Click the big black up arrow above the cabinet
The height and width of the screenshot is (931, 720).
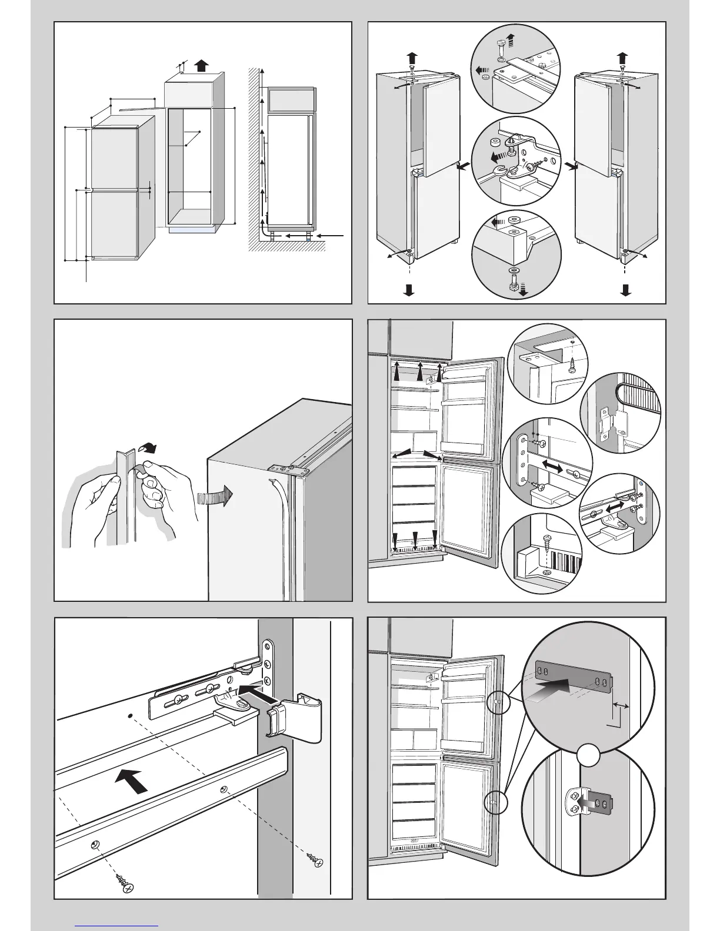(x=201, y=65)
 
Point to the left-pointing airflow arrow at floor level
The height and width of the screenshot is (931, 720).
(x=332, y=236)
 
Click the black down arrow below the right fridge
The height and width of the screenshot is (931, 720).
(x=625, y=289)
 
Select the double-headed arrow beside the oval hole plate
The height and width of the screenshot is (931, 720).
(x=551, y=465)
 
